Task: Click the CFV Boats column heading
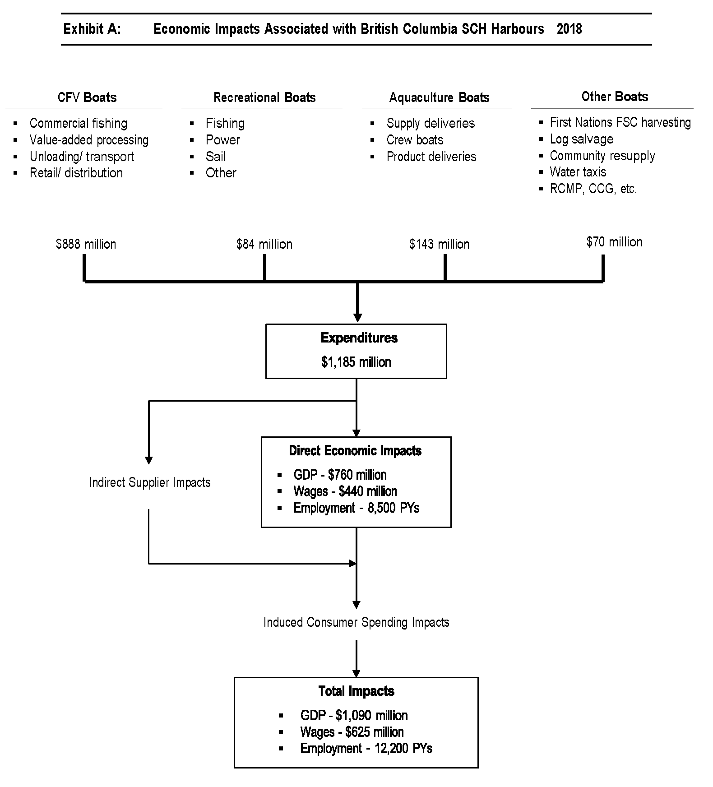[87, 97]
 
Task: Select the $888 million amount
[86, 244]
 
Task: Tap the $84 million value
[264, 244]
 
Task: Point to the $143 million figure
[439, 244]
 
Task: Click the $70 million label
[614, 242]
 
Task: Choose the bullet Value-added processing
[89, 140]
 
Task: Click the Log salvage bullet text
[581, 139]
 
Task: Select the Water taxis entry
[578, 172]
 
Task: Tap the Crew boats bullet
[415, 140]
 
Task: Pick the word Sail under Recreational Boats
[215, 157]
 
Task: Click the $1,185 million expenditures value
[356, 362]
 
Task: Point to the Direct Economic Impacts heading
[355, 450]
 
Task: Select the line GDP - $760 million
[340, 475]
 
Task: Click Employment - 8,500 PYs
[356, 508]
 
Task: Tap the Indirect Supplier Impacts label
[149, 482]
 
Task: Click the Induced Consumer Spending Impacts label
[356, 622]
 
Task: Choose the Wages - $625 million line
[352, 732]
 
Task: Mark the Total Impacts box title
[356, 691]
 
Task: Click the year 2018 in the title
[569, 29]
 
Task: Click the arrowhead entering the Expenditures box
[357, 318]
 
